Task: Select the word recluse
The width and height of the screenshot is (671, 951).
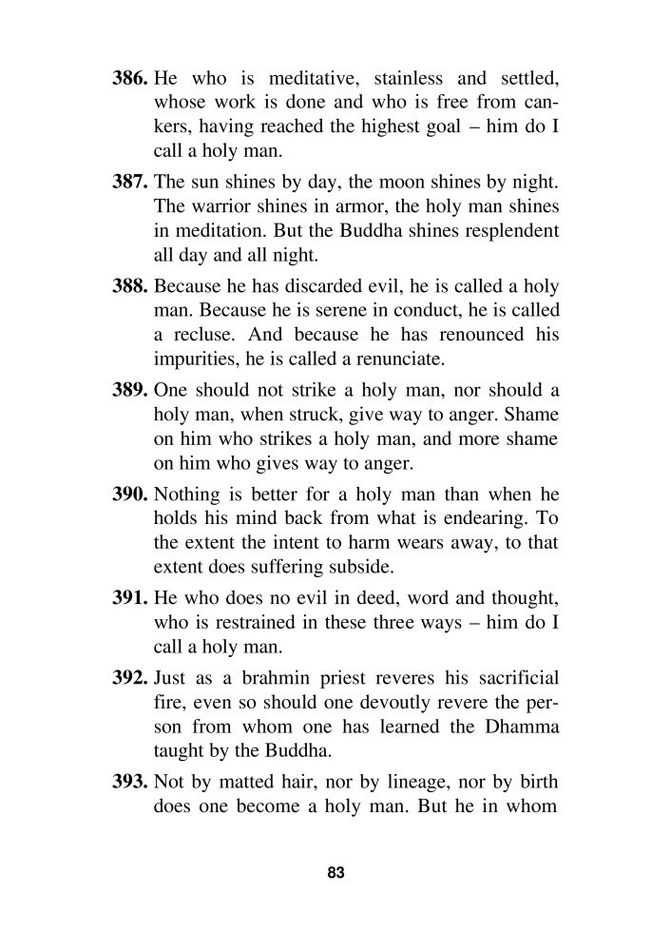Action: coord(209,336)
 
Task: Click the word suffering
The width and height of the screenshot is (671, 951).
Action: coord(287,574)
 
